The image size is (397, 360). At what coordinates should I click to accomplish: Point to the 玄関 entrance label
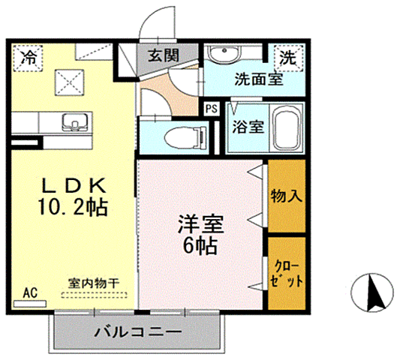162,55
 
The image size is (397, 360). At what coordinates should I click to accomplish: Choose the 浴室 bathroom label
248,125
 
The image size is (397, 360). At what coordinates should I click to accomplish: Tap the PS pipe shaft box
212,108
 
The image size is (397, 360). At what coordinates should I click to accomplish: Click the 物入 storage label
286,197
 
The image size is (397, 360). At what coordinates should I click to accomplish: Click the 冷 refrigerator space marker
29,56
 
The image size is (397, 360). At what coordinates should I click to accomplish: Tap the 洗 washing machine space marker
288,56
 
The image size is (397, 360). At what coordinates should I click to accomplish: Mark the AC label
31,292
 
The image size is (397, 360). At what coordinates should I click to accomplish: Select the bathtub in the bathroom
285,128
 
